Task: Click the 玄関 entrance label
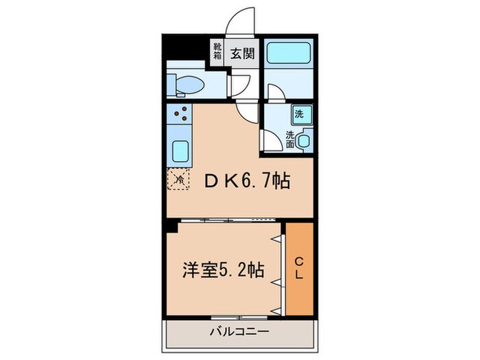[241, 53]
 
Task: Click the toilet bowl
[189, 84]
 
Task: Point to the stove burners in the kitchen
[181, 115]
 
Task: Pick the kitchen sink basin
[180, 150]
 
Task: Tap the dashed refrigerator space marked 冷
[178, 180]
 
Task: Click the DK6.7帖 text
[248, 181]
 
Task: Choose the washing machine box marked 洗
[300, 112]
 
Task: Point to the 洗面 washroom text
[290, 140]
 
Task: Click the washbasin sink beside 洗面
[304, 140]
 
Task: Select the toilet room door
[240, 85]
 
